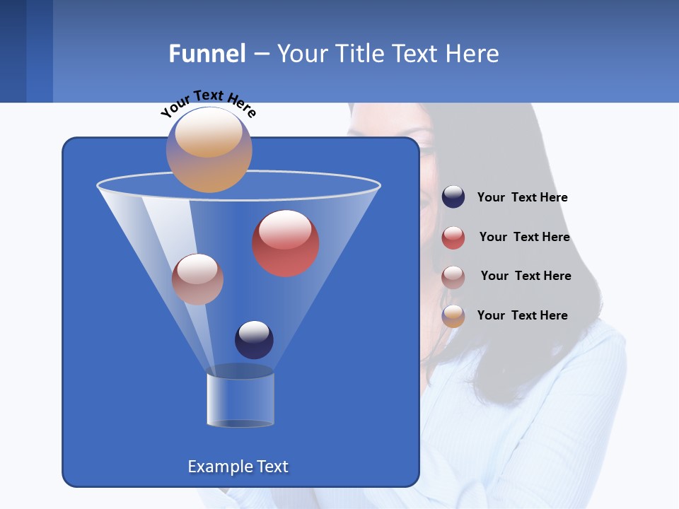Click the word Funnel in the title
click(207, 53)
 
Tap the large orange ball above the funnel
click(209, 150)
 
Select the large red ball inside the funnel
click(286, 244)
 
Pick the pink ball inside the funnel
click(197, 279)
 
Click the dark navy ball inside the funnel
click(254, 340)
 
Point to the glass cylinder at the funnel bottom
click(240, 400)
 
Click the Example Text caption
click(238, 467)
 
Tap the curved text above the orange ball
click(208, 103)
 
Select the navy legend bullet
click(453, 197)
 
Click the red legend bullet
click(453, 238)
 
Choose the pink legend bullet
click(453, 276)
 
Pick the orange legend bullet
click(453, 316)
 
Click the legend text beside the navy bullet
click(522, 198)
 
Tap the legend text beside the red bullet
click(524, 238)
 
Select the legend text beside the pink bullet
click(526, 276)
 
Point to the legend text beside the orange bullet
click(522, 316)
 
